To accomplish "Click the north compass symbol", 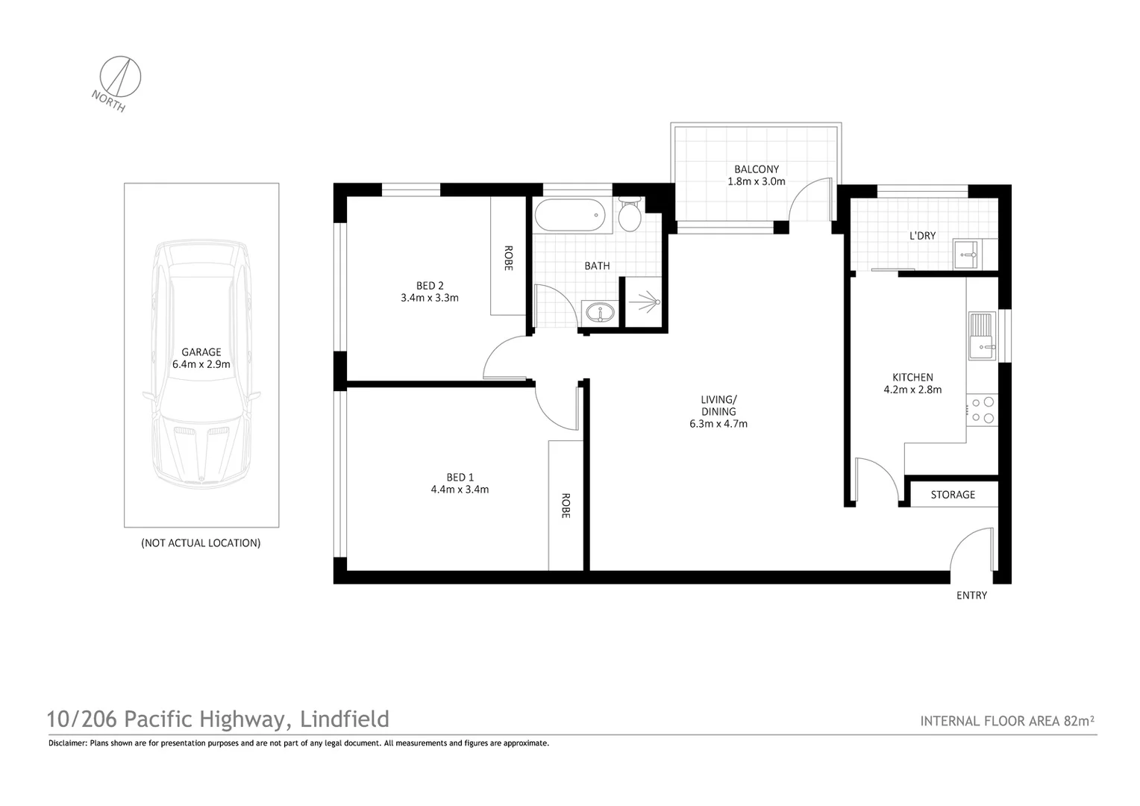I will pos(121,76).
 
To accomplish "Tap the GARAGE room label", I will pos(201,352).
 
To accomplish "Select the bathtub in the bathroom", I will pos(568,216).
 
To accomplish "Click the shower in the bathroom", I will pos(644,302).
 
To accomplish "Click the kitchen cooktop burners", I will pos(982,410).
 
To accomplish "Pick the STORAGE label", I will pos(953,495).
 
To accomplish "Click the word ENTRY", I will pos(971,596).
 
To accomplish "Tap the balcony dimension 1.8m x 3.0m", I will pos(757,181).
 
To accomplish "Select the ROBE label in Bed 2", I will pos(508,258).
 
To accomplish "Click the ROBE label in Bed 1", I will pos(566,506).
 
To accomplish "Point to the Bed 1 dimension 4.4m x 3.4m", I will pos(460,490).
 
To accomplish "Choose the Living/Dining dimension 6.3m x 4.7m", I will pos(718,424).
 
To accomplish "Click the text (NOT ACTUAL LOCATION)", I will pos(201,543).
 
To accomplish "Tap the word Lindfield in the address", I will pos(344,719).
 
